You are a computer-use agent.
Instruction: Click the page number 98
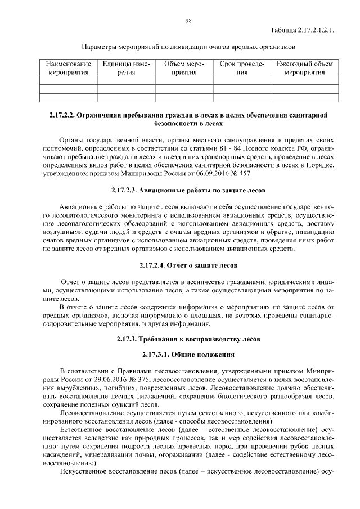pos(188,21)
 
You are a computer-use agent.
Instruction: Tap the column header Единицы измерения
pos(127,68)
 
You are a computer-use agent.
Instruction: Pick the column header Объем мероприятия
pos(183,68)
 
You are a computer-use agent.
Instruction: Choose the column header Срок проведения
pos(241,68)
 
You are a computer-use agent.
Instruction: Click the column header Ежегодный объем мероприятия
pos(304,68)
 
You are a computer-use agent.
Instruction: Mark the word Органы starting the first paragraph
pos(71,138)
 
